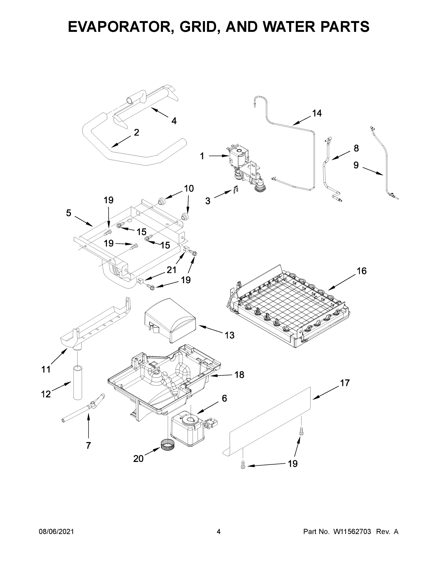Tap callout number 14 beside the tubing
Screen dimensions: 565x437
coord(317,113)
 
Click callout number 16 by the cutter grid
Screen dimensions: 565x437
coord(362,271)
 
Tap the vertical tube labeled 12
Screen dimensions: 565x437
coord(77,383)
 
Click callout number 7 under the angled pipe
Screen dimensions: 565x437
coord(89,445)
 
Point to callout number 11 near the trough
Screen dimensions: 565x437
coord(46,369)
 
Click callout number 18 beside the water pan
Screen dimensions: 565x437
coord(239,375)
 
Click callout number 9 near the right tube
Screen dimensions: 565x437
coord(356,165)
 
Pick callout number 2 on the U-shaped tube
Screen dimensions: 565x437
coord(136,133)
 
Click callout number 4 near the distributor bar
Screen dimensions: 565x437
coord(174,121)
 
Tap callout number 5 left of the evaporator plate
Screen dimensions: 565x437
coord(68,213)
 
